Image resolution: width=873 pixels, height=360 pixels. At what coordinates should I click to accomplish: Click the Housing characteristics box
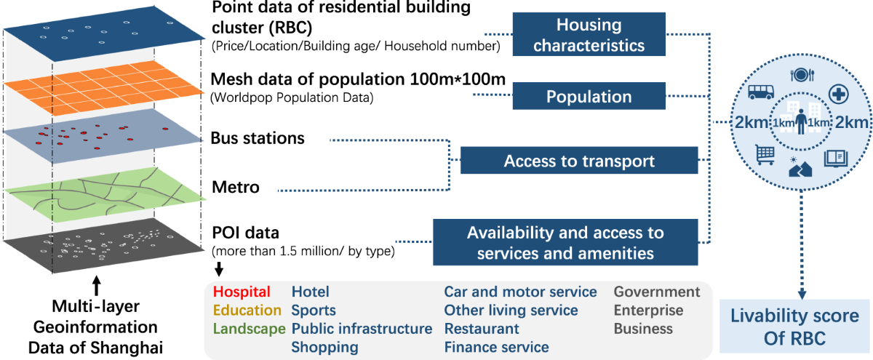pyautogui.click(x=590, y=35)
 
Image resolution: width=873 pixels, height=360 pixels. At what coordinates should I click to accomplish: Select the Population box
pyautogui.click(x=589, y=97)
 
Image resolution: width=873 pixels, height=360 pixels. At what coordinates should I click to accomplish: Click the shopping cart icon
pyautogui.click(x=765, y=153)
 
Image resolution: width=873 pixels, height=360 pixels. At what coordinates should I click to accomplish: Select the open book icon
pyautogui.click(x=834, y=158)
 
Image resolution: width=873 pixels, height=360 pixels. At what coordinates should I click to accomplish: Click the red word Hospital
pyautogui.click(x=242, y=292)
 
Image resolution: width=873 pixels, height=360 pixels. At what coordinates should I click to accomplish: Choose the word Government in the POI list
pyautogui.click(x=657, y=292)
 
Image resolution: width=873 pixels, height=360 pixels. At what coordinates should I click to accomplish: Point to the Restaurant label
pyautogui.click(x=482, y=329)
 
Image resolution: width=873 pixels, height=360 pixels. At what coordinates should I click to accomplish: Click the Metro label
pyautogui.click(x=235, y=188)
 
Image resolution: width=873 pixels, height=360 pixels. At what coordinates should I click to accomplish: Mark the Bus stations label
pyautogui.click(x=258, y=138)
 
